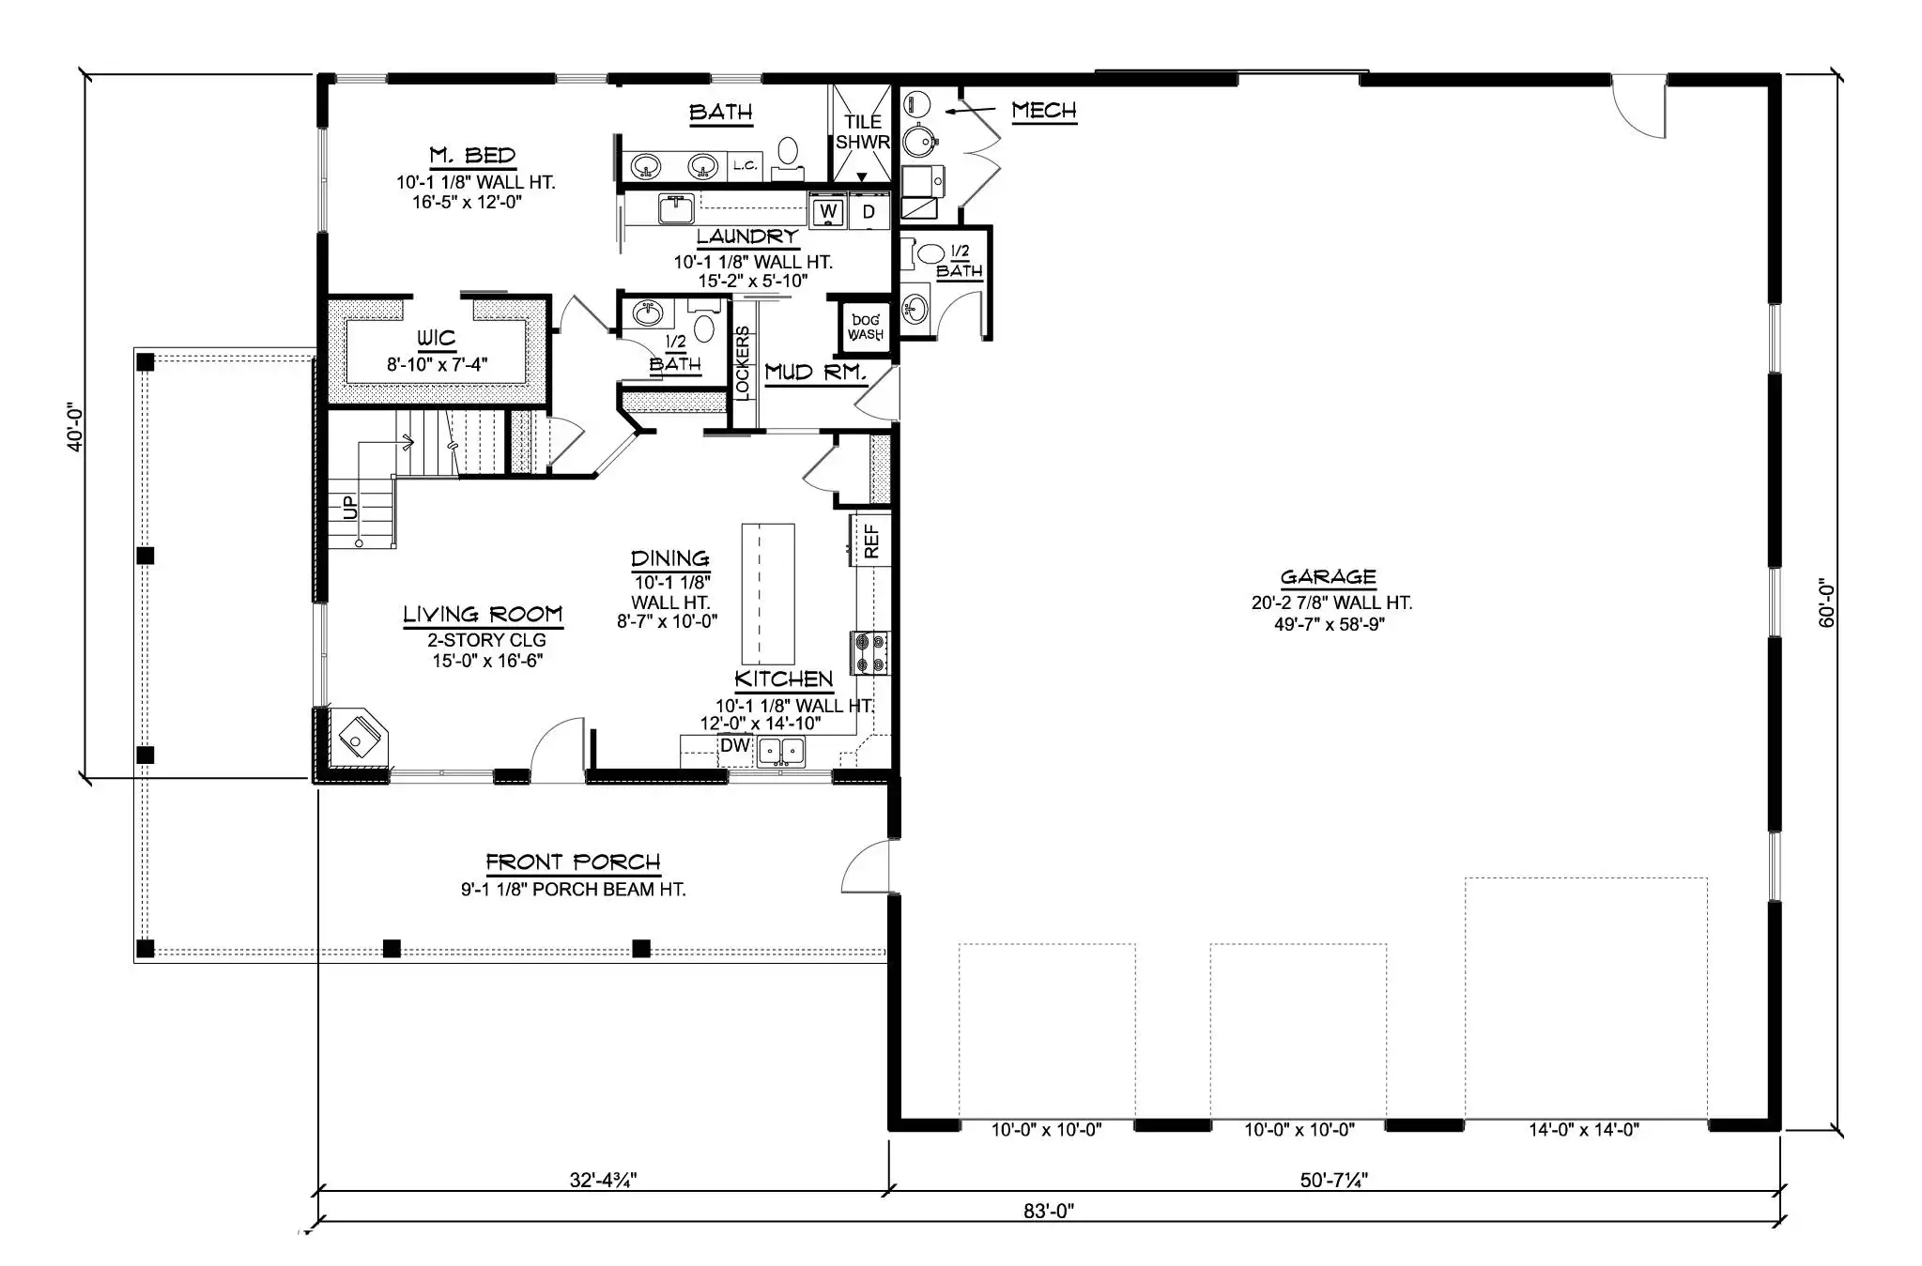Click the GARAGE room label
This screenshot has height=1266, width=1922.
[1328, 577]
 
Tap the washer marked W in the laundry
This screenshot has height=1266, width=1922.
[828, 211]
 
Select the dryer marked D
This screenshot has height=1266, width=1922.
[869, 211]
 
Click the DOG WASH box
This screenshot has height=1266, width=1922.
[865, 328]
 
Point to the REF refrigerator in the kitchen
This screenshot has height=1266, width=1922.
[870, 541]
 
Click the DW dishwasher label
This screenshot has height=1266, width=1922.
[735, 745]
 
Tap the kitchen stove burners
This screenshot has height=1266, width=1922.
[869, 652]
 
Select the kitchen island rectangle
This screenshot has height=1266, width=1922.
[768, 594]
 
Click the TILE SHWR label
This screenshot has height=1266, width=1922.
[862, 132]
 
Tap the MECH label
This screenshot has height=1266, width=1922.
[1044, 111]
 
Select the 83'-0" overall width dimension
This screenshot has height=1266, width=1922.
[1049, 1211]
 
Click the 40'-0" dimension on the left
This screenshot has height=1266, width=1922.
[75, 427]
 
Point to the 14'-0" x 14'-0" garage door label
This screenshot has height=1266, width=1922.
[1584, 1130]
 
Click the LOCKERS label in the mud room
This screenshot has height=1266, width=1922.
[743, 363]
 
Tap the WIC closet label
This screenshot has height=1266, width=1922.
[436, 338]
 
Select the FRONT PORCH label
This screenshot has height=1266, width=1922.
[573, 862]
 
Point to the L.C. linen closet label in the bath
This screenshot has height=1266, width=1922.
[746, 166]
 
